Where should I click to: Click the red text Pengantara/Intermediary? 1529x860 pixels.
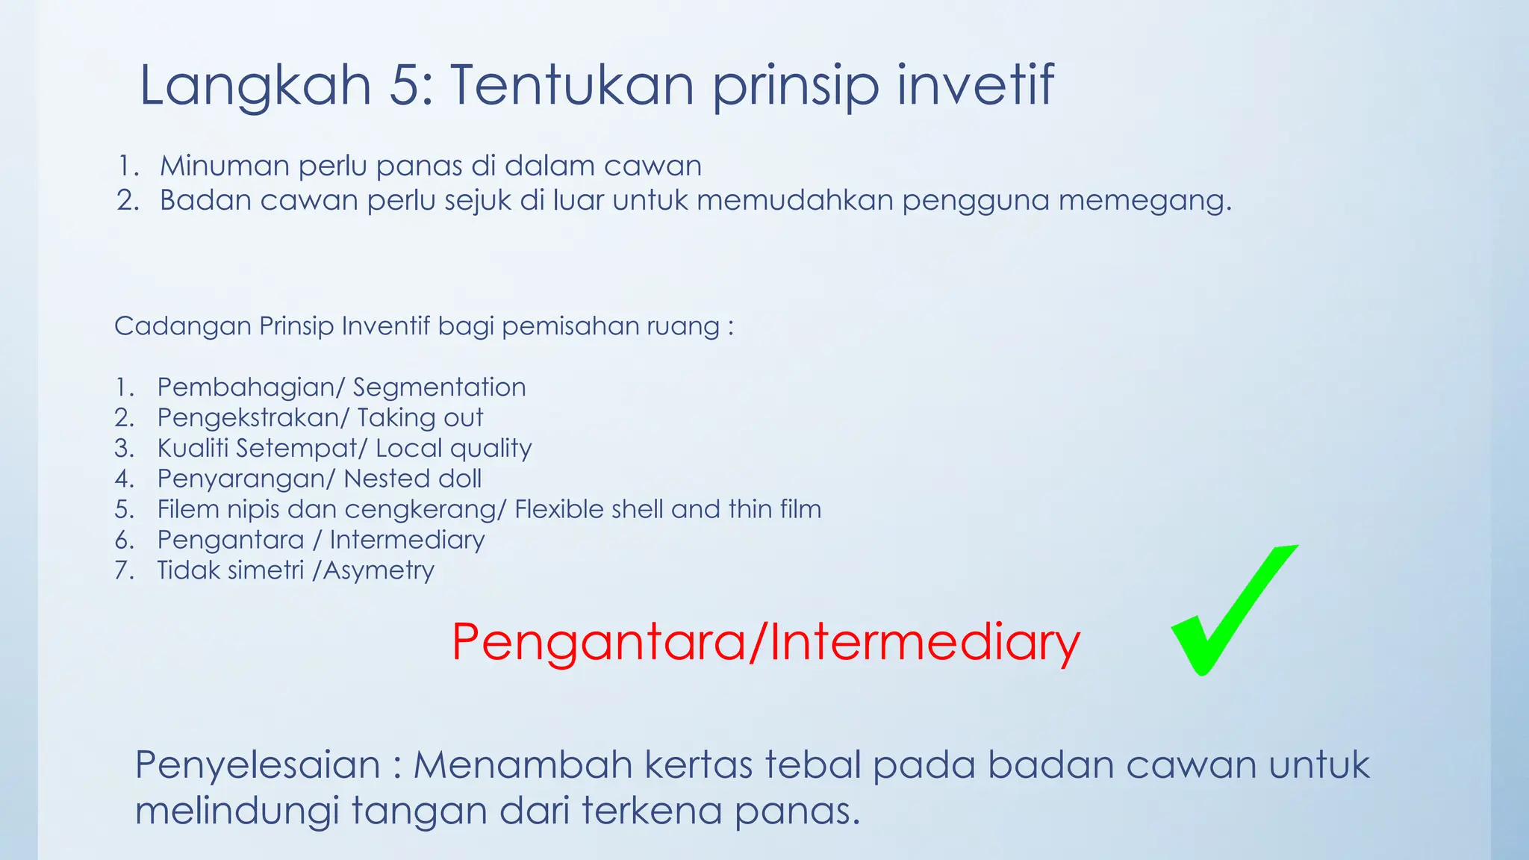tap(765, 642)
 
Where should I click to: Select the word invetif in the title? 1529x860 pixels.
tap(975, 86)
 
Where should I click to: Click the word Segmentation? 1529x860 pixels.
tap(439, 387)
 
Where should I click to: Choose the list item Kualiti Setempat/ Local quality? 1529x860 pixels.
tap(344, 449)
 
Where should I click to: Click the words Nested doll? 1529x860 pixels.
tap(412, 479)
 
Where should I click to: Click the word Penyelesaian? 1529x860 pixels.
tap(258, 765)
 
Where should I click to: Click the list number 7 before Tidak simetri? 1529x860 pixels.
tap(123, 571)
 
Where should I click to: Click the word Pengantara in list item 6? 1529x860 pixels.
tap(231, 540)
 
